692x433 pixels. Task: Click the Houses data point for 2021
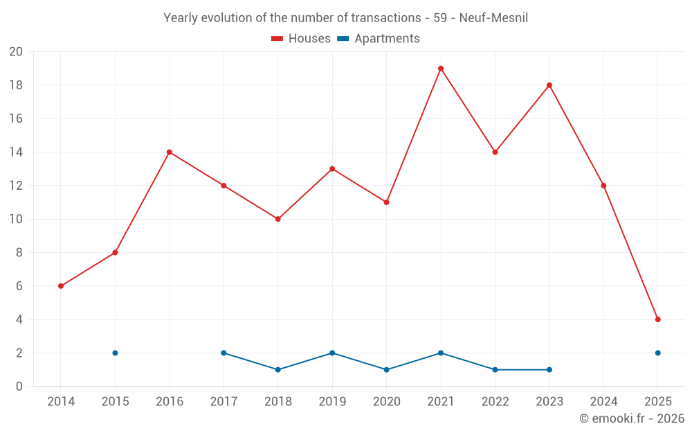pyautogui.click(x=441, y=69)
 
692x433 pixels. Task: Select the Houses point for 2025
pyautogui.click(x=658, y=319)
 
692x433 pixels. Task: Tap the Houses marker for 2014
pyautogui.click(x=61, y=286)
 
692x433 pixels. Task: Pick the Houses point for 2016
pyautogui.click(x=170, y=152)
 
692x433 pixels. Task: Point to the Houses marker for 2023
pyautogui.click(x=549, y=85)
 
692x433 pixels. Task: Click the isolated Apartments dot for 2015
pyautogui.click(x=115, y=353)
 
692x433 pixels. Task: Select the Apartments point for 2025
pyautogui.click(x=658, y=353)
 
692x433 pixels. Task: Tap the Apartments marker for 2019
pyautogui.click(x=332, y=353)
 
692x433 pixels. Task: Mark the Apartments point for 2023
pyautogui.click(x=549, y=370)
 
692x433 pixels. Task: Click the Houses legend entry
pyautogui.click(x=301, y=39)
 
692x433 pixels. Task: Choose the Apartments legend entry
pyautogui.click(x=379, y=39)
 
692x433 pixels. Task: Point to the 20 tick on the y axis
pyautogui.click(x=16, y=52)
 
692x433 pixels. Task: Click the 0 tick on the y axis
pyautogui.click(x=19, y=387)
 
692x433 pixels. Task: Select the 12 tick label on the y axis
pyautogui.click(x=16, y=186)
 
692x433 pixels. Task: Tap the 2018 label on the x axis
pyautogui.click(x=278, y=402)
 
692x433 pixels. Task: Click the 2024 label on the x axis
pyautogui.click(x=603, y=402)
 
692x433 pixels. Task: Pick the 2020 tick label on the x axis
pyautogui.click(x=387, y=402)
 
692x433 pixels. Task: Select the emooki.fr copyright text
pyautogui.click(x=631, y=418)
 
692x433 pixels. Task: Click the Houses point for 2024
pyautogui.click(x=603, y=186)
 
